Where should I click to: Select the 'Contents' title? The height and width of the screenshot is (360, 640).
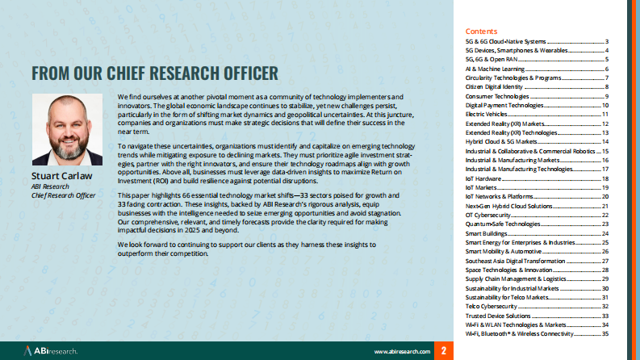click(481, 30)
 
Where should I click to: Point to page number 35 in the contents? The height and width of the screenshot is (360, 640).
click(604, 333)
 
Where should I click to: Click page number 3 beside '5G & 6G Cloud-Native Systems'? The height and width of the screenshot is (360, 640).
click(606, 41)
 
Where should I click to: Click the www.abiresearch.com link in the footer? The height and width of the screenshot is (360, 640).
click(402, 352)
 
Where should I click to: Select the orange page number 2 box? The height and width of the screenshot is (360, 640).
click(443, 351)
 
